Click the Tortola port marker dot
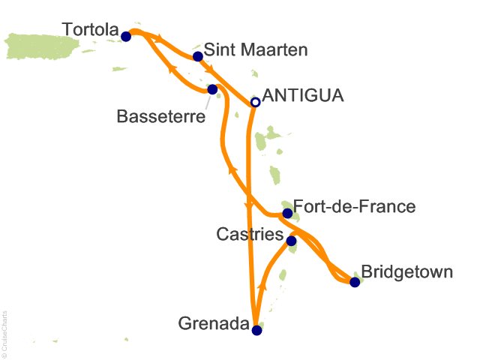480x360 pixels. pos(125,36)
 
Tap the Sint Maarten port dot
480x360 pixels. pos(198,56)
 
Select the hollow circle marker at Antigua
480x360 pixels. pos(255,102)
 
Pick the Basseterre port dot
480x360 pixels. pos(212,89)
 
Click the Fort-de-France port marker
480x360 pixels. pos(287,213)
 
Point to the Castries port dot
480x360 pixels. pos(291,241)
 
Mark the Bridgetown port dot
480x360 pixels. pos(355,282)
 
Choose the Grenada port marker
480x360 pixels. pos(256,330)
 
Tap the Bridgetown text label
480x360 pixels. pos(407,271)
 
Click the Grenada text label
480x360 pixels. pos(213,325)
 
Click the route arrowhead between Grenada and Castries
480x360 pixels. pos(262,286)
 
